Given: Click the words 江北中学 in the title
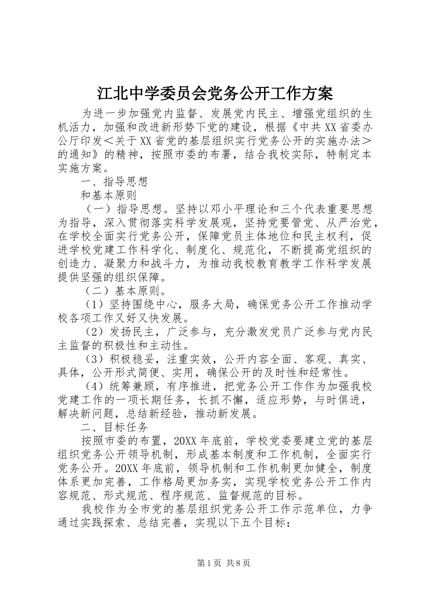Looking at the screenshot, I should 121,93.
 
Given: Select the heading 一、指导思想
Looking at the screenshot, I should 114,182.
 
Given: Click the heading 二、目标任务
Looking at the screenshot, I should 114,427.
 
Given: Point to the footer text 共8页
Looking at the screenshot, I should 238,563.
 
